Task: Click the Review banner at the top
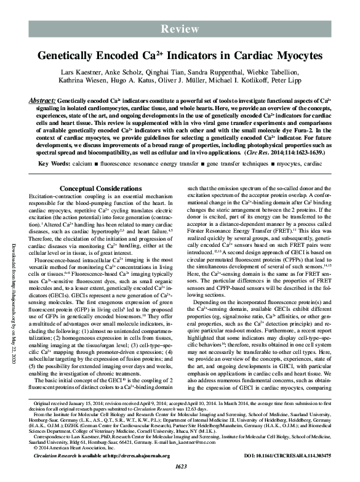[x=180, y=29]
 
